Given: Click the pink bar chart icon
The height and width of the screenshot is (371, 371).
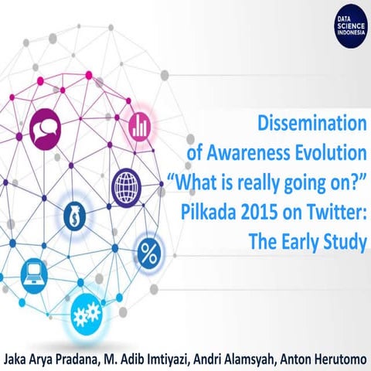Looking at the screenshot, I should pos(140,122).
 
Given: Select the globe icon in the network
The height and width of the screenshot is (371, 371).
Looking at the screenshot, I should pos(126,185).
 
